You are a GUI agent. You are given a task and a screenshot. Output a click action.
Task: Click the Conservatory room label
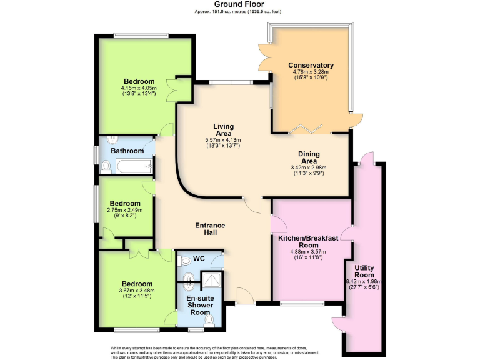[311, 66]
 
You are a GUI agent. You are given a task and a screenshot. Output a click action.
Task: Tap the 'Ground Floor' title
[240, 4]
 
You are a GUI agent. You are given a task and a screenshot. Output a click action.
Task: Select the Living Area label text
[223, 129]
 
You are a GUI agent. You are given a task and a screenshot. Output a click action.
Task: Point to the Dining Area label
[309, 157]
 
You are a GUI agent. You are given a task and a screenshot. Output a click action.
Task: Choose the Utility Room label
[364, 271]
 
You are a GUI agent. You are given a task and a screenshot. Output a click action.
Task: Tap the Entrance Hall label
[209, 229]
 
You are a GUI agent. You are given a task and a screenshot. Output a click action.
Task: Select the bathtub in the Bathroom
[134, 166]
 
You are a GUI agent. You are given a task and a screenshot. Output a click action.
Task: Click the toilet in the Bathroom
[106, 166]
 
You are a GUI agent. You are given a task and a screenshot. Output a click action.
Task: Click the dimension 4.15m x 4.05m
[139, 88]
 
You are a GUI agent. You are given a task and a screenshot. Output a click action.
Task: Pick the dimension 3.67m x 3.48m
[137, 291]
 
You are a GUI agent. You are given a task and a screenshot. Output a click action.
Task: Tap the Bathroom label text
[127, 151]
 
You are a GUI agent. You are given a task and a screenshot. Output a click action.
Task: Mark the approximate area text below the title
[240, 11]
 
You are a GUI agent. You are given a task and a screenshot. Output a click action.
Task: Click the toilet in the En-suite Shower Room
[209, 320]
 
